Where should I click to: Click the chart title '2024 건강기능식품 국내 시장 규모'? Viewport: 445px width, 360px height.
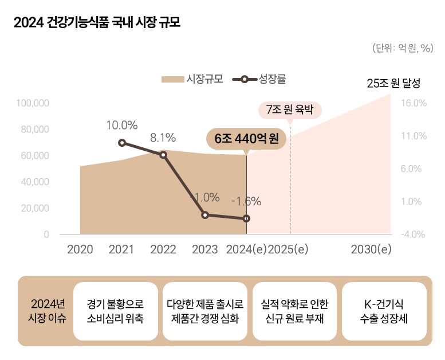click(96, 24)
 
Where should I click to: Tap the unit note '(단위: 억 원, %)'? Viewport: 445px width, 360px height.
click(402, 48)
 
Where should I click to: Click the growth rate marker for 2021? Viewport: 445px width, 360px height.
click(122, 143)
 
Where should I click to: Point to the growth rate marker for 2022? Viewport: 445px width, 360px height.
click(163, 155)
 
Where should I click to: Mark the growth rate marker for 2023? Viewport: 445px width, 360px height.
click(205, 215)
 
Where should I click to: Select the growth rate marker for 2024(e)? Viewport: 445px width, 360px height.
click(246, 218)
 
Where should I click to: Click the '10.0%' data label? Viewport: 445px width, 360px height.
click(122, 125)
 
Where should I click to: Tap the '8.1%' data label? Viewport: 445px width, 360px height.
click(163, 138)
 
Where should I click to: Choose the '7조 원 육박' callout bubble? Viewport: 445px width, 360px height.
click(290, 109)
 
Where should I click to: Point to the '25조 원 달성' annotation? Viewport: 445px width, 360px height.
click(393, 83)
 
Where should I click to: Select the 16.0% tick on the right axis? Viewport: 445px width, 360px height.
click(414, 103)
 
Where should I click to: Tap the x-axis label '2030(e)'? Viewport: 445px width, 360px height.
click(371, 249)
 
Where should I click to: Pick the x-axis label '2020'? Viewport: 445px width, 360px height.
click(80, 249)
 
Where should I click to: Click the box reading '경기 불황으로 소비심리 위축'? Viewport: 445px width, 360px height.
click(116, 311)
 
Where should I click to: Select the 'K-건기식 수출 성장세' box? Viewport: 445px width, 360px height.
click(384, 311)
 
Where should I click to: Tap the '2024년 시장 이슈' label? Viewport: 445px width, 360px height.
click(48, 311)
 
